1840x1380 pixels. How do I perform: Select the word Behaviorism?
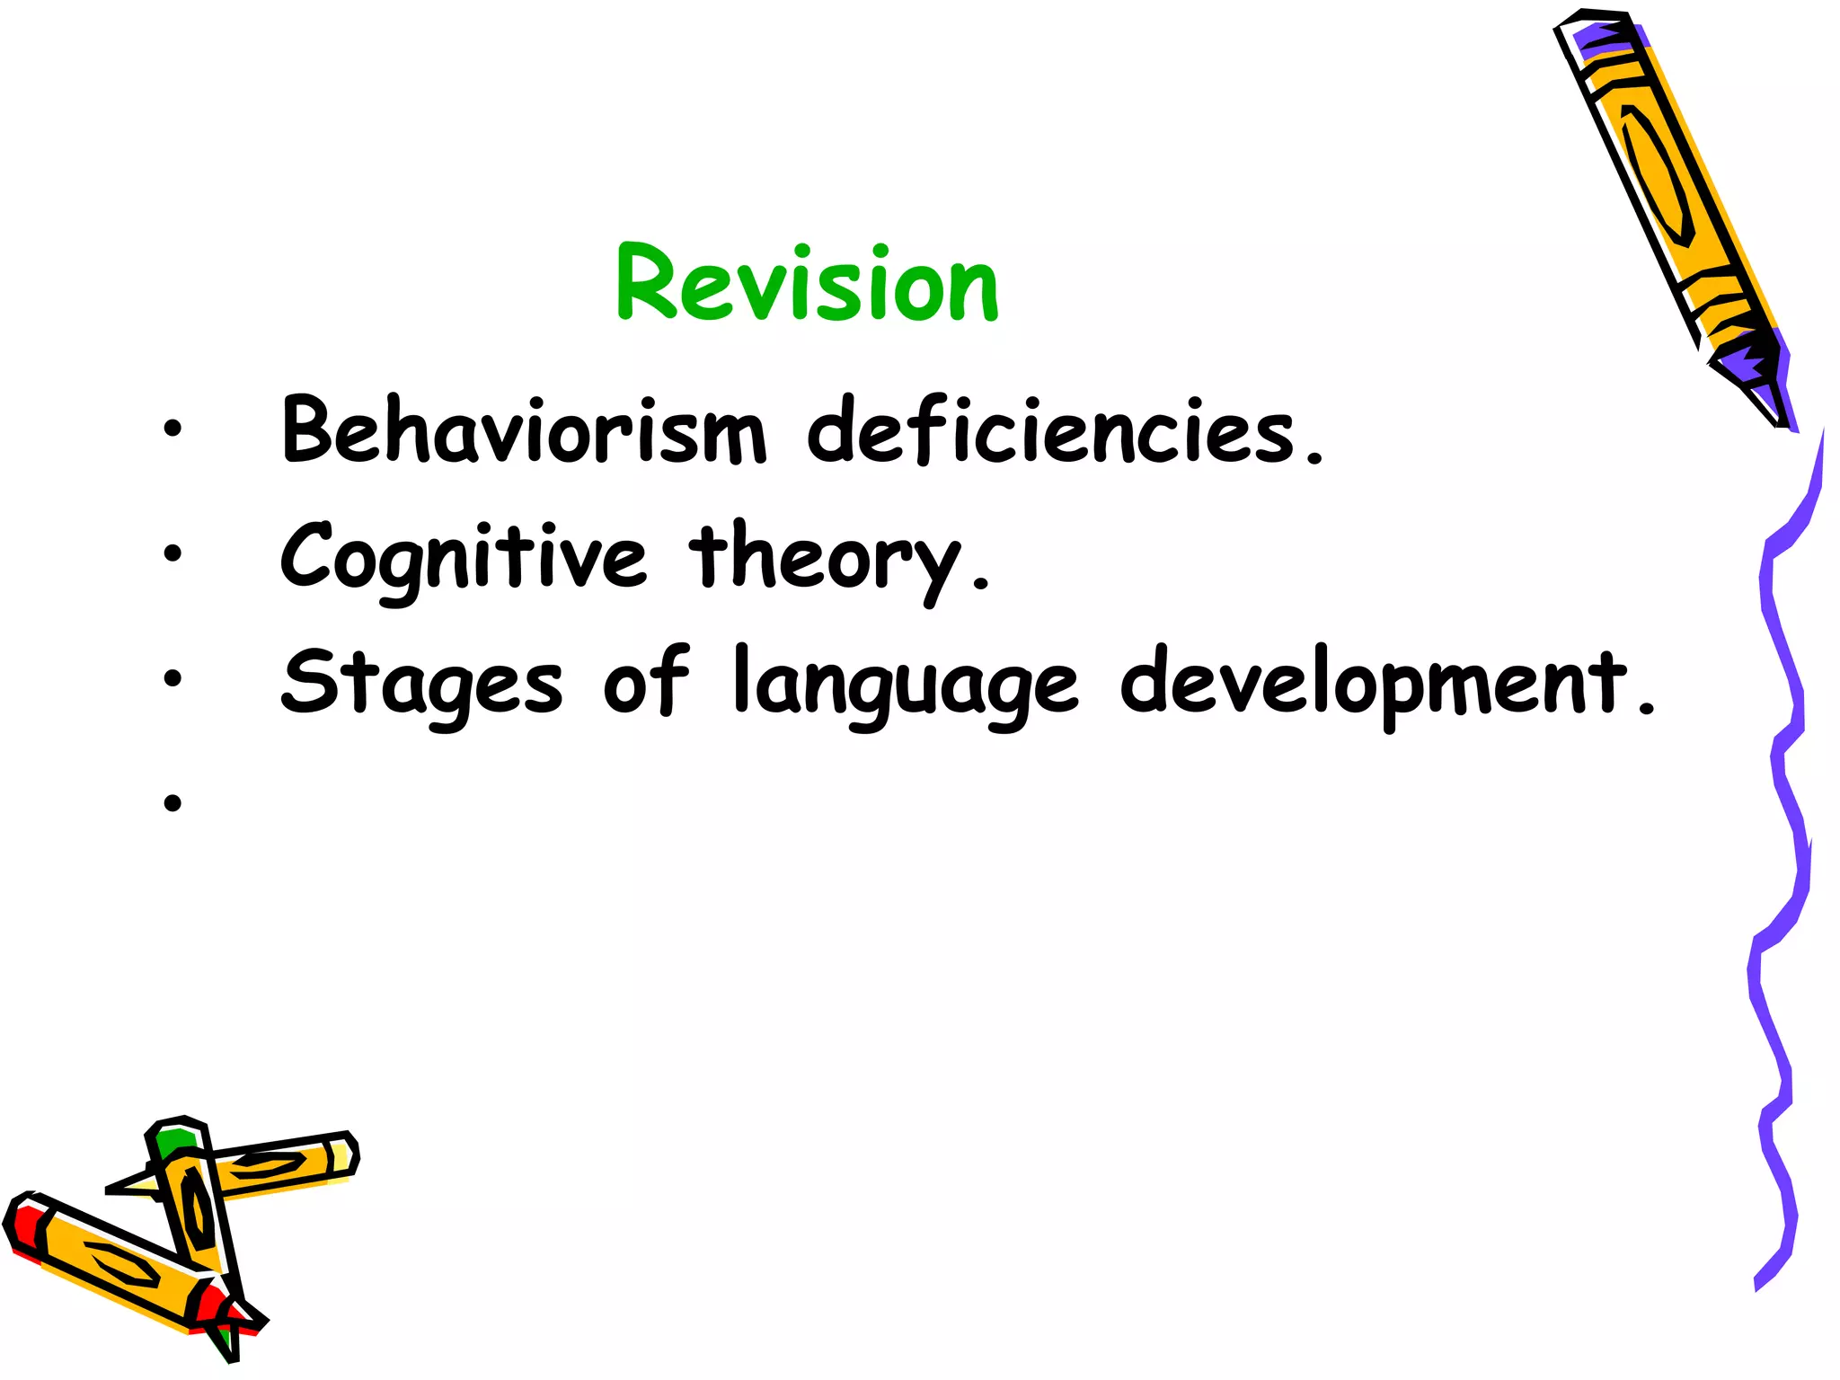(x=524, y=431)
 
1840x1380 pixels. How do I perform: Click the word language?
(x=906, y=685)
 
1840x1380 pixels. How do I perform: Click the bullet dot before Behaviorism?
(x=172, y=429)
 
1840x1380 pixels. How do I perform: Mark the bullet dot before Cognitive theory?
(x=172, y=554)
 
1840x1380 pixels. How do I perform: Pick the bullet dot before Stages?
(x=172, y=679)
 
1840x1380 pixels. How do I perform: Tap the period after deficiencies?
(x=1315, y=458)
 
